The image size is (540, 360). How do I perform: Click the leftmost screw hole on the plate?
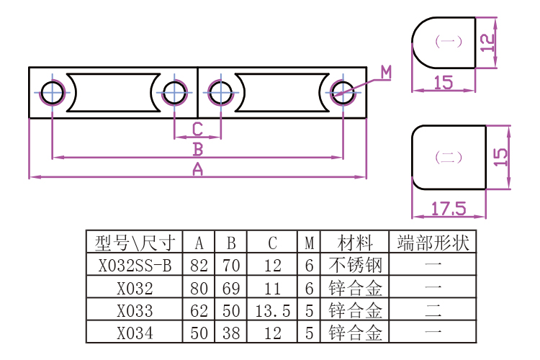tap(53, 92)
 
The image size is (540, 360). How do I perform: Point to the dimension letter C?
tap(197, 130)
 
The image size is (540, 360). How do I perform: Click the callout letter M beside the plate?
tap(387, 72)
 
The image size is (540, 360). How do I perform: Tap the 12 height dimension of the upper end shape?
tap(489, 42)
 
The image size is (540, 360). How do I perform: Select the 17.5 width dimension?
tap(449, 209)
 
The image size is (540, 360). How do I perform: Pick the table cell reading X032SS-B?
tap(135, 265)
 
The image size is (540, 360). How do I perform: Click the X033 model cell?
tap(135, 311)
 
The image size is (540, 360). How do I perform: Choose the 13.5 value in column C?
tap(272, 311)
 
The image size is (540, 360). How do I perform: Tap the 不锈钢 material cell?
tap(355, 265)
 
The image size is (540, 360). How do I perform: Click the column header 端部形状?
tap(433, 243)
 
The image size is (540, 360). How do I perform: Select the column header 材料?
tap(355, 243)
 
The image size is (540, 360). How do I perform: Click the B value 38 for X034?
tap(231, 333)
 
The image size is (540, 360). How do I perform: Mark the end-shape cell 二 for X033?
tap(433, 311)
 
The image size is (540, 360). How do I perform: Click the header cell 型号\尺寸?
tap(135, 243)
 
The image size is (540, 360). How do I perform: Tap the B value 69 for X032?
tap(231, 289)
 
